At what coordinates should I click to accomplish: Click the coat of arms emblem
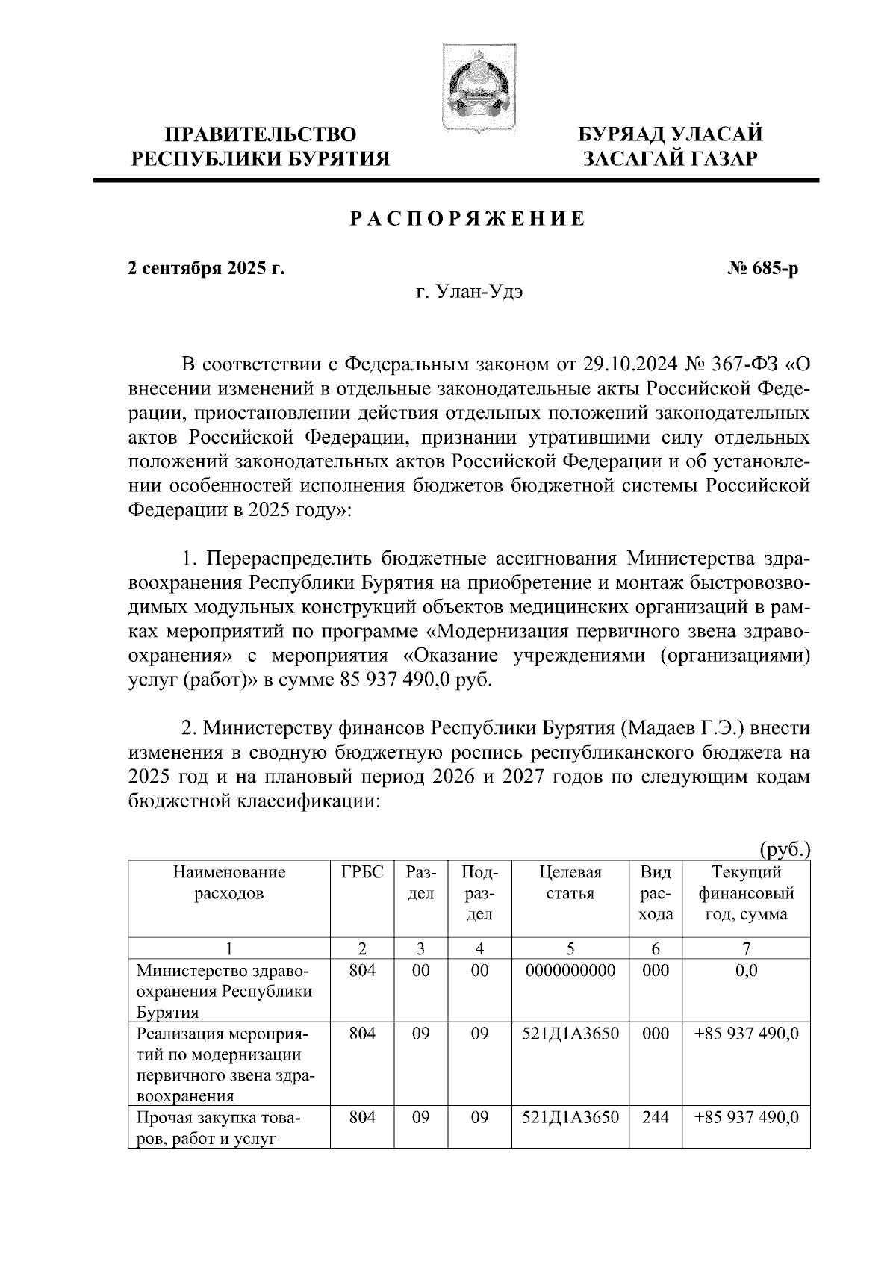477,89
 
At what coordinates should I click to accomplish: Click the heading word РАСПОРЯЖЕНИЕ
467,219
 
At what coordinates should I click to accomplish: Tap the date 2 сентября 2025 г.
206,268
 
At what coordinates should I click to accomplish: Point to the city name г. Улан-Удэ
469,292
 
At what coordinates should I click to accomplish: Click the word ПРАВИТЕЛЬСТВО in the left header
261,134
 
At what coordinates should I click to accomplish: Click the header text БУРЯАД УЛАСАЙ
671,134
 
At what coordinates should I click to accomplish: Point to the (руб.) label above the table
785,849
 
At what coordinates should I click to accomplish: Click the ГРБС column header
362,872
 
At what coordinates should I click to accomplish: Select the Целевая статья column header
570,883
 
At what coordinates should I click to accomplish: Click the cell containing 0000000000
570,971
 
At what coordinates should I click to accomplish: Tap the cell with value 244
656,1118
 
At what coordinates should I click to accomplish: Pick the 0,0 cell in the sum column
746,971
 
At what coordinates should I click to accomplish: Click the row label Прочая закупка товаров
219,1128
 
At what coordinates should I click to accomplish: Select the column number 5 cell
570,949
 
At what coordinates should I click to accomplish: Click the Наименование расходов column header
229,883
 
